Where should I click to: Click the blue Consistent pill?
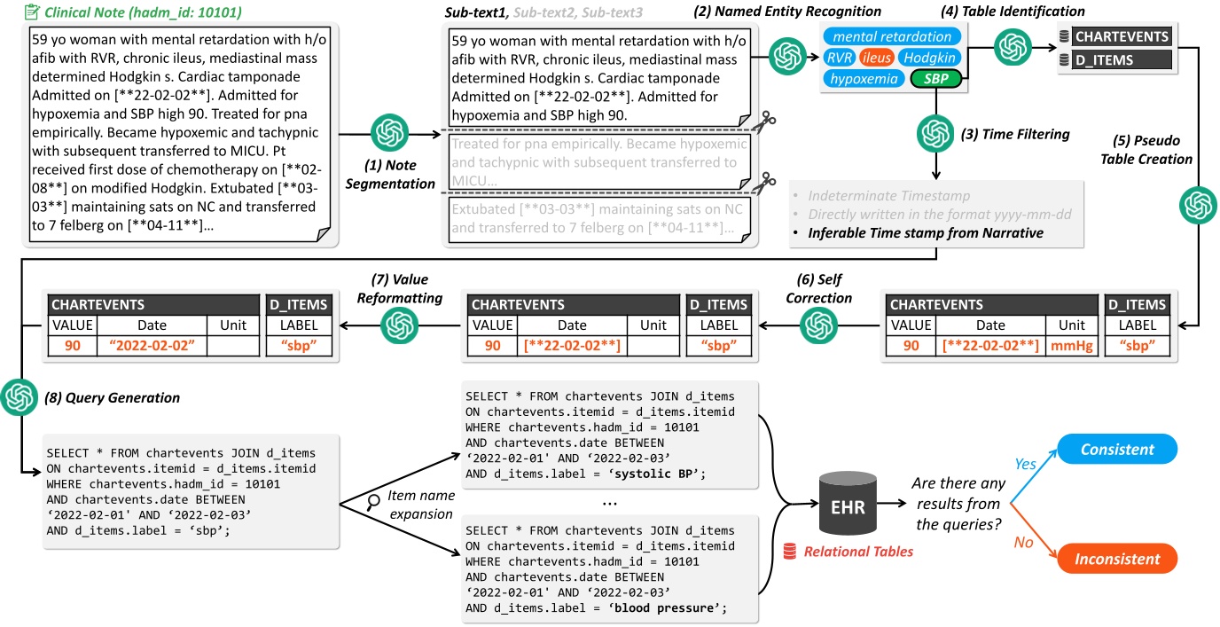click(1117, 450)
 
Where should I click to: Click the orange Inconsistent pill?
click(1117, 560)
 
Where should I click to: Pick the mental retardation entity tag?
click(892, 36)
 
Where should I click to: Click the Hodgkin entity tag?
click(927, 58)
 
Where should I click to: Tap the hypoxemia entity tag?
click(860, 79)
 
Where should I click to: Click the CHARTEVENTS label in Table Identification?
click(1122, 37)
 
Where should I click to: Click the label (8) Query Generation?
click(112, 398)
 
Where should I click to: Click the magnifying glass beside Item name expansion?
click(374, 503)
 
